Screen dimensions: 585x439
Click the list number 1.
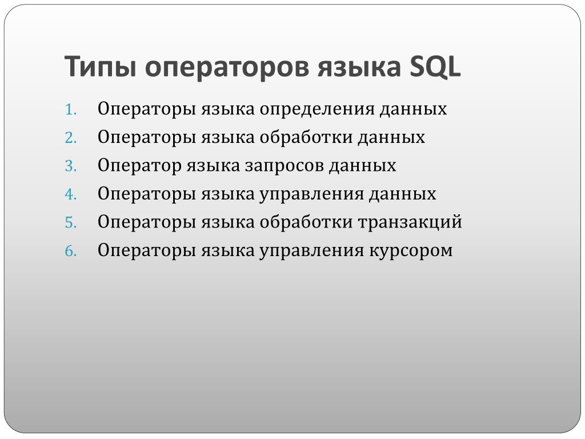pos(70,110)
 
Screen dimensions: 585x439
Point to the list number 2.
pos(70,138)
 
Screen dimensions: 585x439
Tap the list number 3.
pos(70,166)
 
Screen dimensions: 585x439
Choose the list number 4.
pos(70,194)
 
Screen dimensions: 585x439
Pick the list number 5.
pos(70,223)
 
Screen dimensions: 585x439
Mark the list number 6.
pos(70,251)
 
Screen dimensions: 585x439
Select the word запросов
pos(284,166)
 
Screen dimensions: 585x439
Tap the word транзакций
pos(410,222)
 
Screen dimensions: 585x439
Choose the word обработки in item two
pos(306,137)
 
